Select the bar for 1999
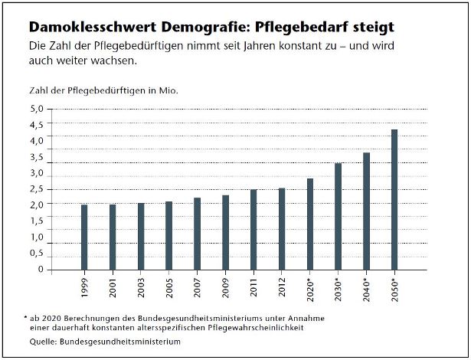84,237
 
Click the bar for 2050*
394,200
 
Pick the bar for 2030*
338,217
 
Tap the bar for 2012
282,229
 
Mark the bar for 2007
197,234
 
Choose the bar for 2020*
310,224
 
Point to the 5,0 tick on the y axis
37,109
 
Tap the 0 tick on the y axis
41,270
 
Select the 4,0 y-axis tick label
37,141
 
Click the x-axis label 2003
141,291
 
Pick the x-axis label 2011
253,291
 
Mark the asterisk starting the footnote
25,316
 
